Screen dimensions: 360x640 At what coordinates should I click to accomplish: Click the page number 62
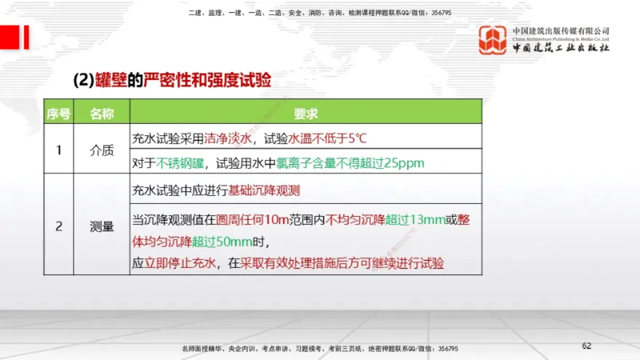[586, 346]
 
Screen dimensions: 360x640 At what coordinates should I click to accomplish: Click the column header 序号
[58, 114]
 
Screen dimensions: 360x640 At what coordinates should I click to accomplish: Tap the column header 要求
[306, 114]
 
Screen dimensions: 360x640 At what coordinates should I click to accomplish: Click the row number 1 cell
[58, 150]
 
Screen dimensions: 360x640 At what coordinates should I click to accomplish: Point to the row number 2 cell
[58, 226]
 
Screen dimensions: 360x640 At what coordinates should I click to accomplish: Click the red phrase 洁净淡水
[228, 137]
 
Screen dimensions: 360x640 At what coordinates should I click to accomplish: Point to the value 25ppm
[404, 163]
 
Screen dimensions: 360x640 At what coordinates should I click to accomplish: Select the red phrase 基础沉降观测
[264, 190]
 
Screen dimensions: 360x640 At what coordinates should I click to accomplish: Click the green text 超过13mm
[414, 218]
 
